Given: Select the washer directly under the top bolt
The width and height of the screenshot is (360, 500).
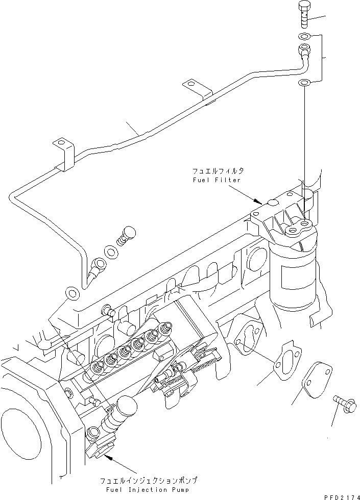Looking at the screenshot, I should coord(303,36).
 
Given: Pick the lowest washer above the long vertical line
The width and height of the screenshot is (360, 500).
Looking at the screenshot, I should coord(303,82).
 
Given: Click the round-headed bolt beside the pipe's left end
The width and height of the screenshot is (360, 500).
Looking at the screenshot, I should coord(126,236).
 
